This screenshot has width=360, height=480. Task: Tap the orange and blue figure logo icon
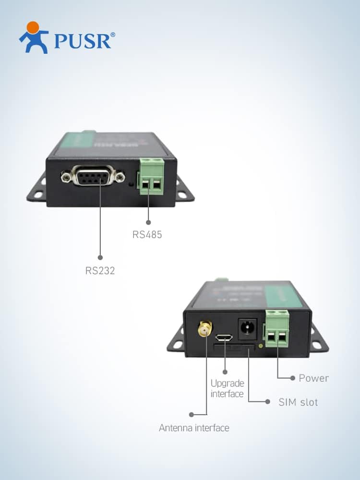coord(34,37)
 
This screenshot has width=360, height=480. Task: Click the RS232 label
coord(100,270)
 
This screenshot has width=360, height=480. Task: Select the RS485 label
coord(147,235)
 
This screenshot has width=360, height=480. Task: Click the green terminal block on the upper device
coord(152,176)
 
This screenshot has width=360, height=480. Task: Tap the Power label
coord(314,378)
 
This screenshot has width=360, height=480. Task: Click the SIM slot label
coord(298,402)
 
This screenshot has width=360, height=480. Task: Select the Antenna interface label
coord(194,428)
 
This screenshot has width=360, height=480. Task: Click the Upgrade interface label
coord(228,388)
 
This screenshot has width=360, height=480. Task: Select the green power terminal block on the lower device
coord(277,329)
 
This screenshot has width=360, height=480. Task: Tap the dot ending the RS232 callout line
coord(100,257)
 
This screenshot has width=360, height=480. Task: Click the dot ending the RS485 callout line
coord(148,222)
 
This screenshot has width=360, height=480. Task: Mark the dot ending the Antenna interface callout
coord(191,414)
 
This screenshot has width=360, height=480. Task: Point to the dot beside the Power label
coord(293,378)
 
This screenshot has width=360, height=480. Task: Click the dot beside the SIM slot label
coord(267,402)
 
